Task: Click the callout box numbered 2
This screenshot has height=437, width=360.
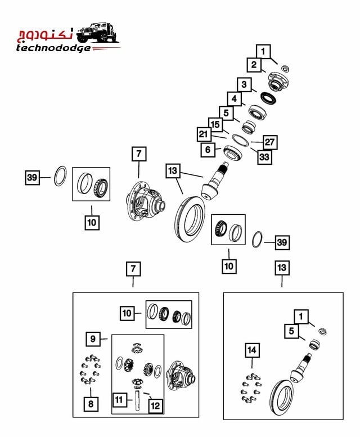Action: point(254,65)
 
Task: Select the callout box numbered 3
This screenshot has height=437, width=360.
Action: point(244,85)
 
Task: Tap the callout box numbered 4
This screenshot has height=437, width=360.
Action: point(234,100)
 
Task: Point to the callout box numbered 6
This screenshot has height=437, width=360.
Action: point(208,150)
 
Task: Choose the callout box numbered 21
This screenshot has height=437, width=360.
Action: point(204,134)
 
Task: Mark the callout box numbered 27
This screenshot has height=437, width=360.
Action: point(269,142)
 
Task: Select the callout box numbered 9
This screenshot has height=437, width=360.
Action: point(93,339)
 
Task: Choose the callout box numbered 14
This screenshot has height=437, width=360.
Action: point(253,350)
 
